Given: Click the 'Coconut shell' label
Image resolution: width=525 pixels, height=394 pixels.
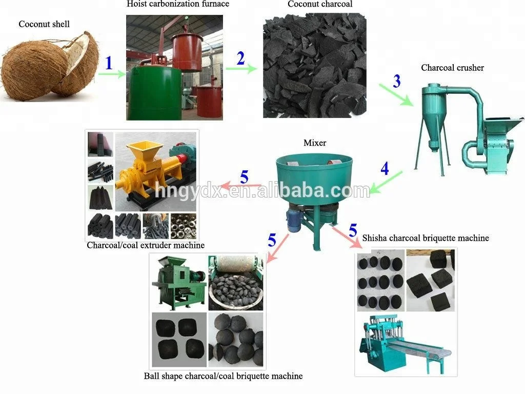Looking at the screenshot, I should pyautogui.click(x=44, y=24).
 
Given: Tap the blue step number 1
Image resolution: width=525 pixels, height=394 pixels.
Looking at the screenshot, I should pyautogui.click(x=108, y=63).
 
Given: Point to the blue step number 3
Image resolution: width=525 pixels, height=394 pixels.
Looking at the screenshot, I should pyautogui.click(x=397, y=82).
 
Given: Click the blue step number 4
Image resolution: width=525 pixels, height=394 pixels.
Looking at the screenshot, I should pyautogui.click(x=385, y=168).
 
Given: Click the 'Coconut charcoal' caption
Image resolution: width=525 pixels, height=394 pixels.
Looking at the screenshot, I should pyautogui.click(x=320, y=4).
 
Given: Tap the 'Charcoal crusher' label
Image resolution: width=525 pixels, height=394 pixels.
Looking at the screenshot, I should pyautogui.click(x=452, y=67).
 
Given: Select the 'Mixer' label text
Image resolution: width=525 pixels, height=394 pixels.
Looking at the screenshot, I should pyautogui.click(x=315, y=143).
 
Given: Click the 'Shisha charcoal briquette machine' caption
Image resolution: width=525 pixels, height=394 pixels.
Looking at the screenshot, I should pyautogui.click(x=426, y=238).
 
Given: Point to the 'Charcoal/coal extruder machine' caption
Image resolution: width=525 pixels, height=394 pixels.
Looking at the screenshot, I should pyautogui.click(x=146, y=245).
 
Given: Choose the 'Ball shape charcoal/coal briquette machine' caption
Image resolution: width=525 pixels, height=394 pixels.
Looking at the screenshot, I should pyautogui.click(x=223, y=376).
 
